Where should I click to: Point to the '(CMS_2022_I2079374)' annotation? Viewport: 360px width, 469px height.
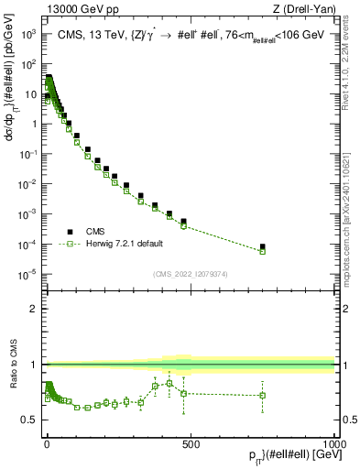190,272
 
